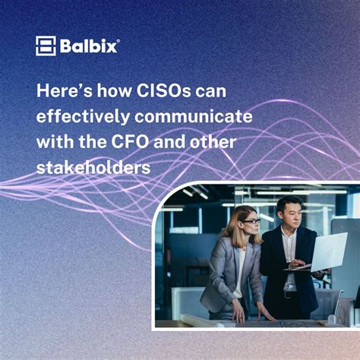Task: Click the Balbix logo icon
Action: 46,46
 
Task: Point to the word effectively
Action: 81,118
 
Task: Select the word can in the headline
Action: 229,93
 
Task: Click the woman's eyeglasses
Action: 251,222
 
